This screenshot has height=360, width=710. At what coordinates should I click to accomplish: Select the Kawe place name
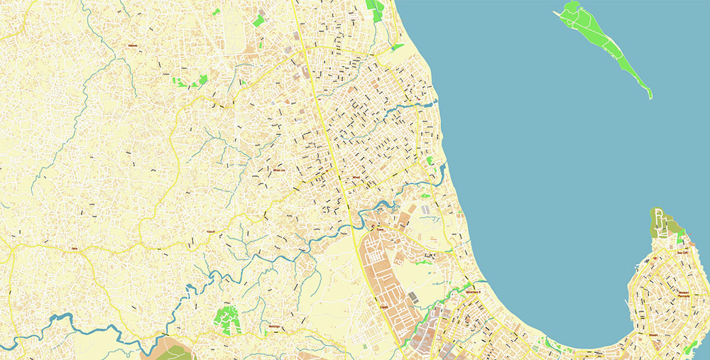tap(380, 229)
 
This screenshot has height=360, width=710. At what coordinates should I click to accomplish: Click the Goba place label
tap(73, 249)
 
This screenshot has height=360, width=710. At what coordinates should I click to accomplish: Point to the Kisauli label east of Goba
tap(190, 232)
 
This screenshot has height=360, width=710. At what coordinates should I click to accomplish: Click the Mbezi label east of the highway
tap(356, 178)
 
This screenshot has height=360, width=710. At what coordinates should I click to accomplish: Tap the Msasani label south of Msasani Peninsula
tap(652, 334)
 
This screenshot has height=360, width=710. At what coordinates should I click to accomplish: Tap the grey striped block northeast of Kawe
tap(425, 211)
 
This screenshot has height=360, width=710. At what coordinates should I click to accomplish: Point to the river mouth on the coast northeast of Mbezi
tap(429, 103)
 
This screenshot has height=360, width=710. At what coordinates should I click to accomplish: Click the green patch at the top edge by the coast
tap(375, 9)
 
